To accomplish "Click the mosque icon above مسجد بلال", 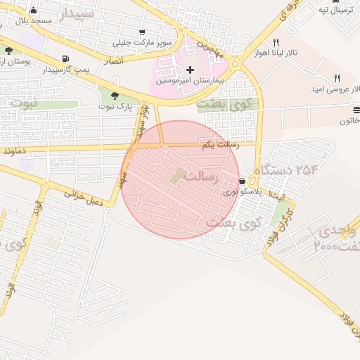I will pyautogui.click(x=33, y=10).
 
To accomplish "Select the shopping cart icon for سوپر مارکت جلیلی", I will pyautogui.click(x=143, y=32).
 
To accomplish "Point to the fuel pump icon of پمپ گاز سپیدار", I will pyautogui.click(x=65, y=58).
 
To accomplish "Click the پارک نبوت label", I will pyautogui.click(x=116, y=107).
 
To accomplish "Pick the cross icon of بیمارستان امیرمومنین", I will pyautogui.click(x=190, y=70).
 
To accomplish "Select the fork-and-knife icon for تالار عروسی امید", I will pyautogui.click(x=337, y=78).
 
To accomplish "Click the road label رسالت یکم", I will pyautogui.click(x=220, y=144).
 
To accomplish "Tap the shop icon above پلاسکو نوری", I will pyautogui.click(x=243, y=181).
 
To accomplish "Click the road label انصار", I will pyautogui.click(x=113, y=61).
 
